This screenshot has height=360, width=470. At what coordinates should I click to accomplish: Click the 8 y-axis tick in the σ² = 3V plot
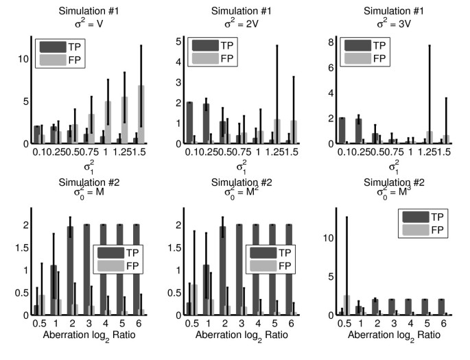coord(331,43)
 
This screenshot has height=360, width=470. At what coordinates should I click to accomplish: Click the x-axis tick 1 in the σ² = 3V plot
coord(409,152)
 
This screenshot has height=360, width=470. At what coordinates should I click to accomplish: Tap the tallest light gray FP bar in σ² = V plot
coord(142,115)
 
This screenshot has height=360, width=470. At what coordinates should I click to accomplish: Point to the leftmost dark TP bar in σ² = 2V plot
coord(189,123)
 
